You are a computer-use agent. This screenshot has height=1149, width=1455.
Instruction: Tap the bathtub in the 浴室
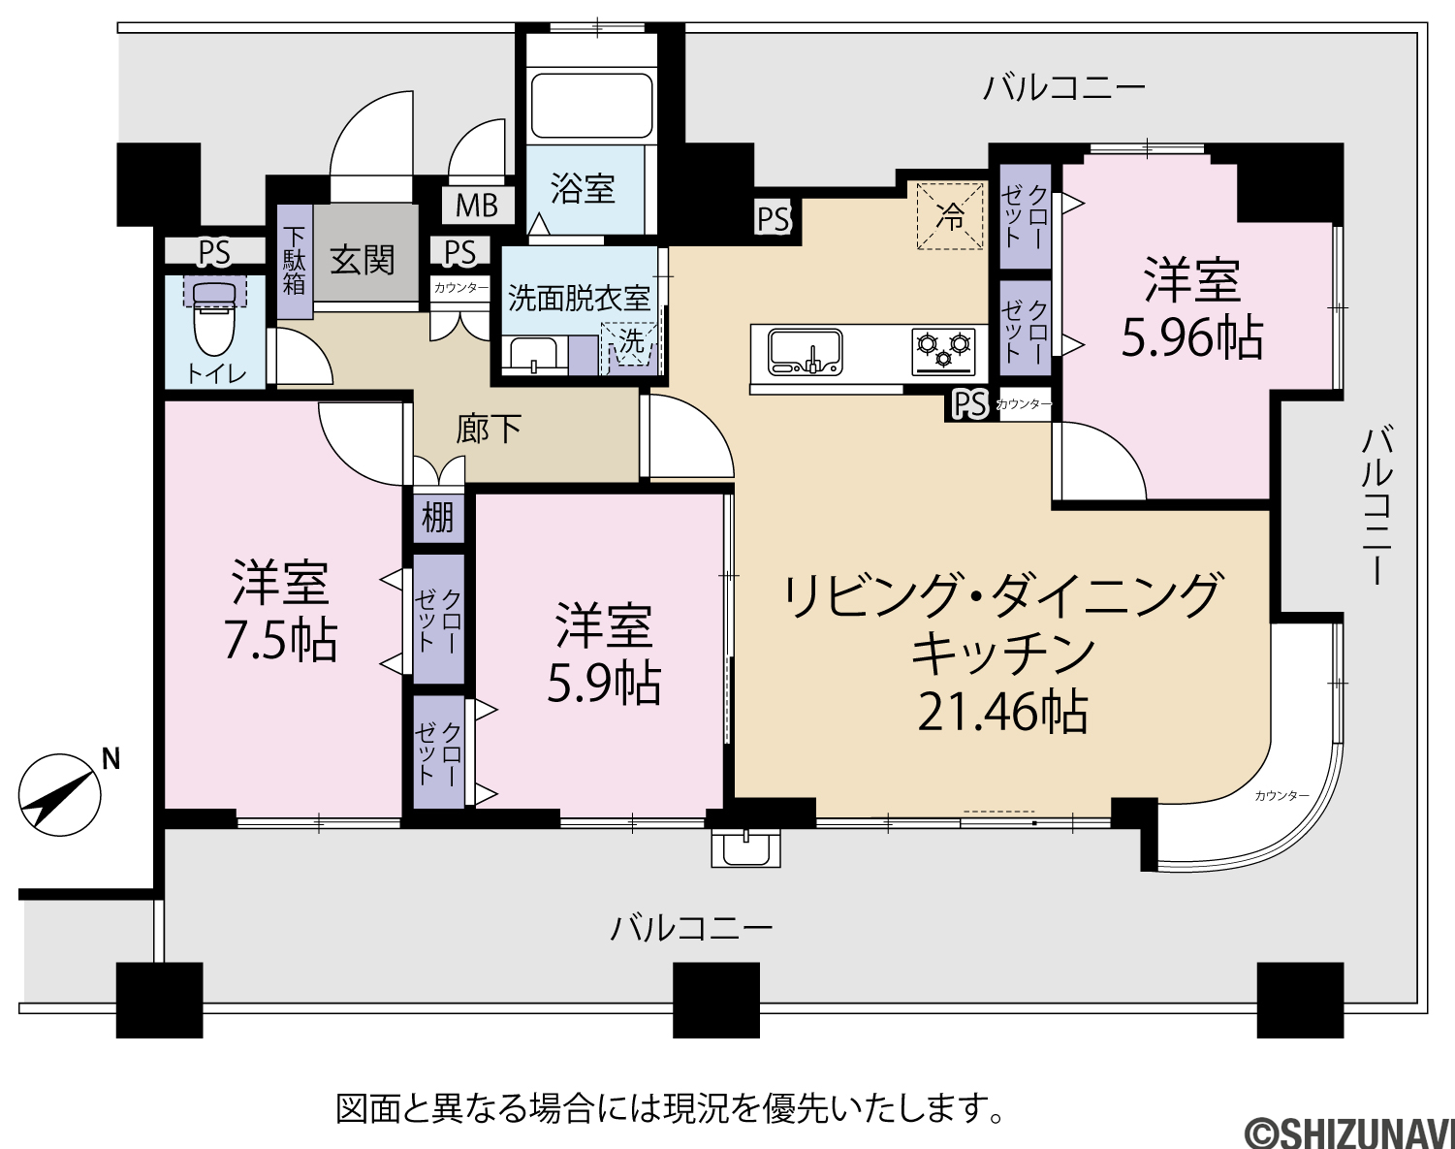pos(591,107)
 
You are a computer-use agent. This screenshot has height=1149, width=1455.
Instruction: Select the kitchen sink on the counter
pos(805,352)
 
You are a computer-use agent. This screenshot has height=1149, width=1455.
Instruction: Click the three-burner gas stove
pos(943,352)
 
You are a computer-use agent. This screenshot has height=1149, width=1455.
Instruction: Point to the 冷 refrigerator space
pos(949,215)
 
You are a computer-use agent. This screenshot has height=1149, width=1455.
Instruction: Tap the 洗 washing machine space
pos(631,345)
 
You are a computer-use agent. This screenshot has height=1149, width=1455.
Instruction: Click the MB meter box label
pos(477,205)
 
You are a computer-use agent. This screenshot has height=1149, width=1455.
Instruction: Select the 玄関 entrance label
pos(363,261)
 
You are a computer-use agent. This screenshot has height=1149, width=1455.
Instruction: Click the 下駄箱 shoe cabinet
pos(294,261)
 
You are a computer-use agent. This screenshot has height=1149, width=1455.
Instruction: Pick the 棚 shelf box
pos(438,519)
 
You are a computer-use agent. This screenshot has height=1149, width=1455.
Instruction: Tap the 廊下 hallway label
pos(489,429)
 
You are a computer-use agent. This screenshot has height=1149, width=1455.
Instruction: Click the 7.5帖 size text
pos(280,641)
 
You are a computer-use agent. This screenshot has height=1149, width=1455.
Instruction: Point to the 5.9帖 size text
pos(604,684)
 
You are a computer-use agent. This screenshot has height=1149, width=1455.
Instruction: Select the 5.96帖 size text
pos(1192,337)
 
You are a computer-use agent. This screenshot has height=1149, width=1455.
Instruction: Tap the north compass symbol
pos(59,794)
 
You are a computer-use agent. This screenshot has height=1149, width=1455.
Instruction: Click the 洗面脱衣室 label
pos(579,299)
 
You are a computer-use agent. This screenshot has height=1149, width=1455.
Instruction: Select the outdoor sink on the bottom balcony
pos(745,848)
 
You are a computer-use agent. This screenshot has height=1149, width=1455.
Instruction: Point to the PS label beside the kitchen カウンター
pos(970,405)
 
